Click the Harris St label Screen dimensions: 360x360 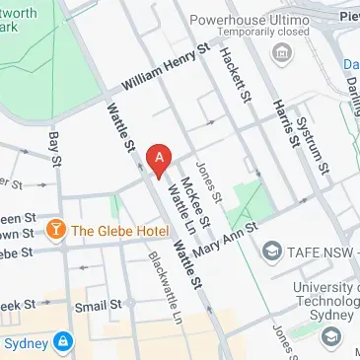click(x=285, y=123)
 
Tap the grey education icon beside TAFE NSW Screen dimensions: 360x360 click(x=271, y=253)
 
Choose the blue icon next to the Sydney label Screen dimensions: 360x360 click(x=62, y=341)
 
